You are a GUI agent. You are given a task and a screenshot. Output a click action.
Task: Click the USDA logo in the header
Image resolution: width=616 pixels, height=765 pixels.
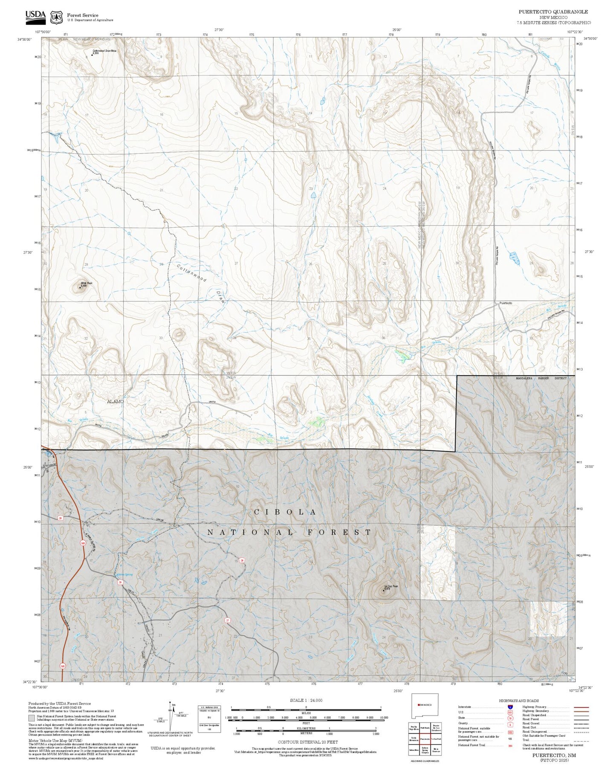click(35, 16)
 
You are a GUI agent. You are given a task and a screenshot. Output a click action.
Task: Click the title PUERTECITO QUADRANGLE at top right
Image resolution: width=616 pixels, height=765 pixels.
click(553, 12)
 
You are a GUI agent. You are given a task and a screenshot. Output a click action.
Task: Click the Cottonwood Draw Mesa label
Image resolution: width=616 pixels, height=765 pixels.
click(104, 52)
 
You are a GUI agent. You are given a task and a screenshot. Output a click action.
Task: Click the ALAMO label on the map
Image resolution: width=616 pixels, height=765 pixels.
click(115, 402)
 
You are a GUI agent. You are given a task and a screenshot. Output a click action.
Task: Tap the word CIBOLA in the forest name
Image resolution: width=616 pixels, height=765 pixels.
click(285, 512)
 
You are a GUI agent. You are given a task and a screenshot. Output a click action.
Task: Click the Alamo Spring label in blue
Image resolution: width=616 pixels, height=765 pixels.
click(124, 574)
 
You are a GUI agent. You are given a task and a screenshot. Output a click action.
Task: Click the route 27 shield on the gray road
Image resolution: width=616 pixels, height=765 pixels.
click(227, 621)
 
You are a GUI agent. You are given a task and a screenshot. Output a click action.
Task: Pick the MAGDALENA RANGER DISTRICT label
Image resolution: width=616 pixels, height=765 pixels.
click(541, 378)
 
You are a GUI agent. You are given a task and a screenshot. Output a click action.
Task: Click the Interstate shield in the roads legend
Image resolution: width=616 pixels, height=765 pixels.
click(510, 707)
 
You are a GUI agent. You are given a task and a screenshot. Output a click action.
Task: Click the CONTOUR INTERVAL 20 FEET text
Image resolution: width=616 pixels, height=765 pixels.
click(307, 742)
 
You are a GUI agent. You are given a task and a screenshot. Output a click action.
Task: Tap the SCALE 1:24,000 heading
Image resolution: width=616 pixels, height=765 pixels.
click(306, 700)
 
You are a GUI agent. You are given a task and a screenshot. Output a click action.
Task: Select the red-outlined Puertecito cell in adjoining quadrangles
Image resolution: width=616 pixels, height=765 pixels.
click(425, 739)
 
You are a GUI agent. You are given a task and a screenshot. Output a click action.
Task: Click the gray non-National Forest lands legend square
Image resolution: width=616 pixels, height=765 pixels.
click(32, 718)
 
